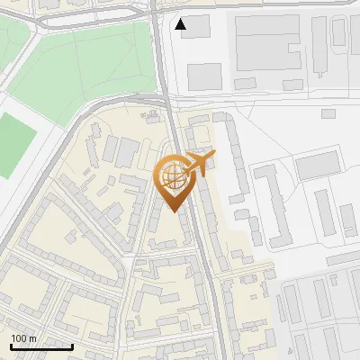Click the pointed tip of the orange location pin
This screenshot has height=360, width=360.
click(174, 211)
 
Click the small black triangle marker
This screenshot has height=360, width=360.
click(182, 24)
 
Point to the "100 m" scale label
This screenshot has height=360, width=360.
click(23, 338)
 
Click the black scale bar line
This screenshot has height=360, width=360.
click(41, 346)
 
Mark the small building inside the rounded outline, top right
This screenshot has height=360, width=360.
click(338, 32)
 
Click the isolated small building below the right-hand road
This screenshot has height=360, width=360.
click(328, 113)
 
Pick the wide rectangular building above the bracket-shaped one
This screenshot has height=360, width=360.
click(316, 166)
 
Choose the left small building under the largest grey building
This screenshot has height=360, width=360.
click(245, 84)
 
